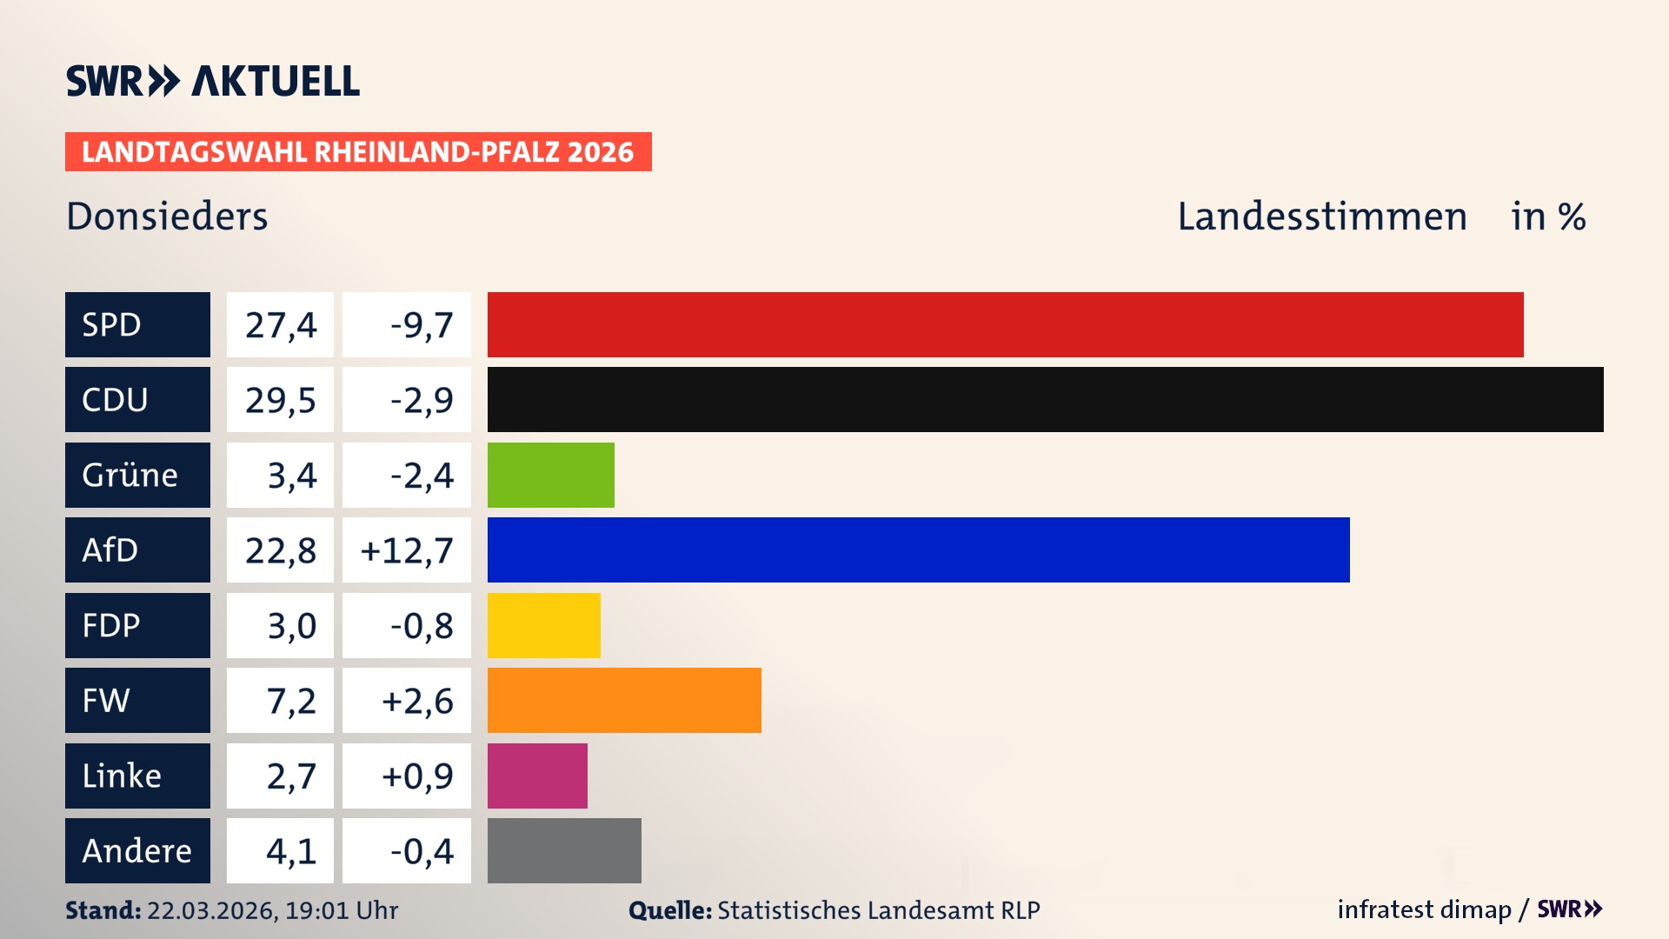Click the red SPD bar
tap(1005, 324)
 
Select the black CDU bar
tap(1045, 399)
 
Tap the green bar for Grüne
tap(550, 475)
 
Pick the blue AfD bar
tap(918, 549)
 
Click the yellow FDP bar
tap(543, 625)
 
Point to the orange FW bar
tap(624, 700)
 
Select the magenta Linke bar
tap(537, 776)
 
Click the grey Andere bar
tap(564, 850)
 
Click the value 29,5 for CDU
tap(280, 400)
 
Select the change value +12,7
tap(406, 550)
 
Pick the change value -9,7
tap(421, 325)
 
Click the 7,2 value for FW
tap(290, 701)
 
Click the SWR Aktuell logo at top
tap(212, 81)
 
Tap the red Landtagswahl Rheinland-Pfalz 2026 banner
tap(357, 152)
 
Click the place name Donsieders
tap(167, 216)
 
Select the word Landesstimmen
tap(1321, 216)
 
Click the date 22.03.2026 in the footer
tap(212, 910)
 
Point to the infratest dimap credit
tap(1424, 909)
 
